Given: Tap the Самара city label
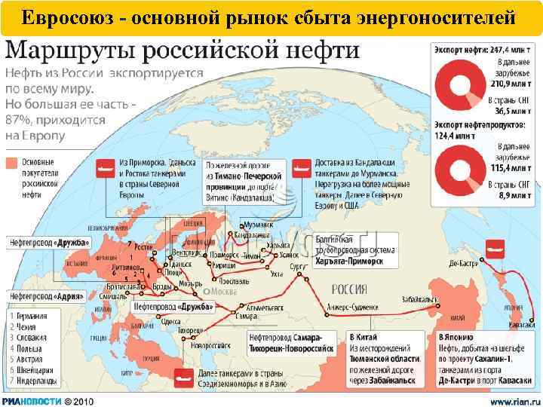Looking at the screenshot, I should coord(246,316).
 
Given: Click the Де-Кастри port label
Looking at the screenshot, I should coord(465,265).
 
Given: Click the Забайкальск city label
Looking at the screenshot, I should coord(422,298).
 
